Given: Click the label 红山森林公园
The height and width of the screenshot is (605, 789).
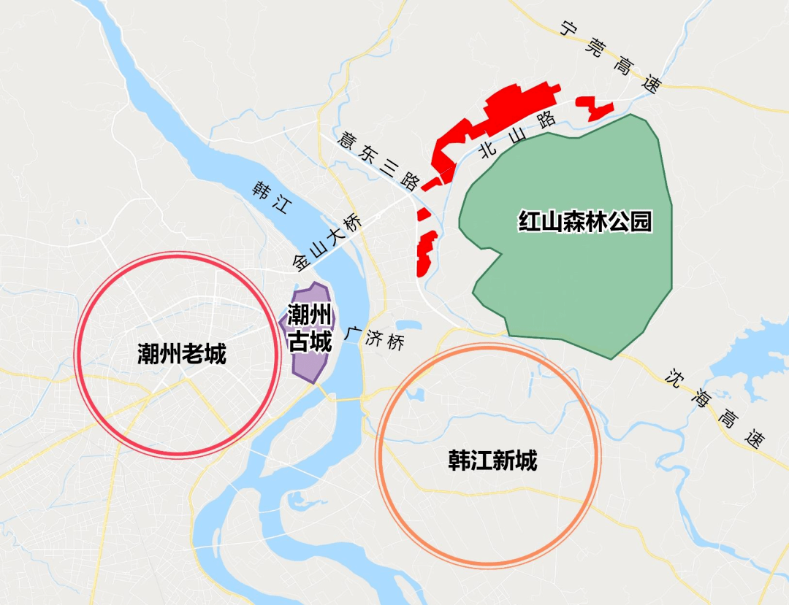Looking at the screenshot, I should click(584, 221).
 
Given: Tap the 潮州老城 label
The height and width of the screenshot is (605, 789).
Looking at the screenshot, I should click(182, 355).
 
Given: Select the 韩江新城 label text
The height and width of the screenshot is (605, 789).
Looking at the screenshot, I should click(492, 461).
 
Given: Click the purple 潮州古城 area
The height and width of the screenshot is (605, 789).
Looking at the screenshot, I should click(310, 358).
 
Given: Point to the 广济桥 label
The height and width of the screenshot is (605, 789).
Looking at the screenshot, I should click(376, 337).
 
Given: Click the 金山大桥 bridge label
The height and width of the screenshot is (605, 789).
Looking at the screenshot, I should click(326, 241).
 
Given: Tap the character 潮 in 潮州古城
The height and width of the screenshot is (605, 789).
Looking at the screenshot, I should click(297, 315).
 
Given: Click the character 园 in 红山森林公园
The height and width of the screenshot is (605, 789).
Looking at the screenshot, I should click(641, 221).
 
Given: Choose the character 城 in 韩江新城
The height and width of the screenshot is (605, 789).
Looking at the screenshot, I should click(526, 461).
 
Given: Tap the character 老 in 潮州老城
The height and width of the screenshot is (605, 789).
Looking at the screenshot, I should click(193, 355).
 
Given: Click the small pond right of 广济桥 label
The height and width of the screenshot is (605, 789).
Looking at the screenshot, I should click(408, 325).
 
